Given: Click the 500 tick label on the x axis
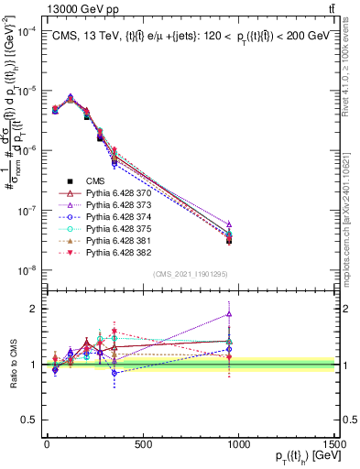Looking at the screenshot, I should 142,444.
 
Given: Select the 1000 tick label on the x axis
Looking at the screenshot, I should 237,444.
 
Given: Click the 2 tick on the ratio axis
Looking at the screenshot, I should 34,309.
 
